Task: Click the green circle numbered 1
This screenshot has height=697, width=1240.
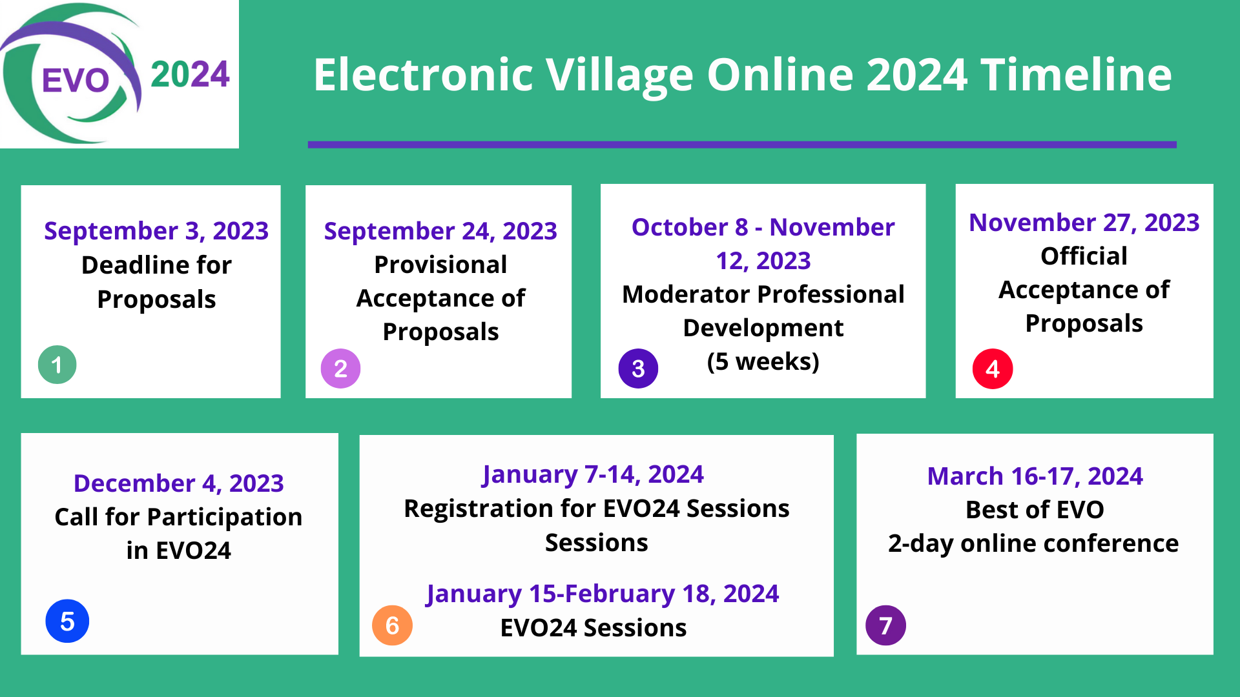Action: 57,365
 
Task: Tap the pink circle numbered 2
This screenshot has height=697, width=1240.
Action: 340,369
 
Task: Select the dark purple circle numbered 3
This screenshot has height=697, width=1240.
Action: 638,369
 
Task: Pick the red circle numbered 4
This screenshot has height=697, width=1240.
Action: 993,369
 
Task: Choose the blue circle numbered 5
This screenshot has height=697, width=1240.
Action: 67,621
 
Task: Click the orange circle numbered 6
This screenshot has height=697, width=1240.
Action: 392,625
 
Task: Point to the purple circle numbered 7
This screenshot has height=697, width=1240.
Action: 885,625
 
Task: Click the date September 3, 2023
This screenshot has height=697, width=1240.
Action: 156,231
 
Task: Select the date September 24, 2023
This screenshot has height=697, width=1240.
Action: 440,231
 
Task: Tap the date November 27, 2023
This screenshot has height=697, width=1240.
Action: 1084,223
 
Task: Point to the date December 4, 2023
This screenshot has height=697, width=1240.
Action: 179,483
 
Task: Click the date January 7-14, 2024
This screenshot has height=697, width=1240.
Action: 593,474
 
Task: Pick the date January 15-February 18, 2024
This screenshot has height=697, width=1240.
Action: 603,594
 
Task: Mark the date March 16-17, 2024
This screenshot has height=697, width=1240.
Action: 1035,476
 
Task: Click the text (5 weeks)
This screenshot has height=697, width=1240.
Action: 763,361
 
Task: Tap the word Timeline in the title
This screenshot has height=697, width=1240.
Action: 1076,74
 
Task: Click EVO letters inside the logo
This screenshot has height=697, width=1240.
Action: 76,81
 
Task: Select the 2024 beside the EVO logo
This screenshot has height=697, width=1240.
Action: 190,74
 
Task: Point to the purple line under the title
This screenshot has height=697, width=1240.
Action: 742,145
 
